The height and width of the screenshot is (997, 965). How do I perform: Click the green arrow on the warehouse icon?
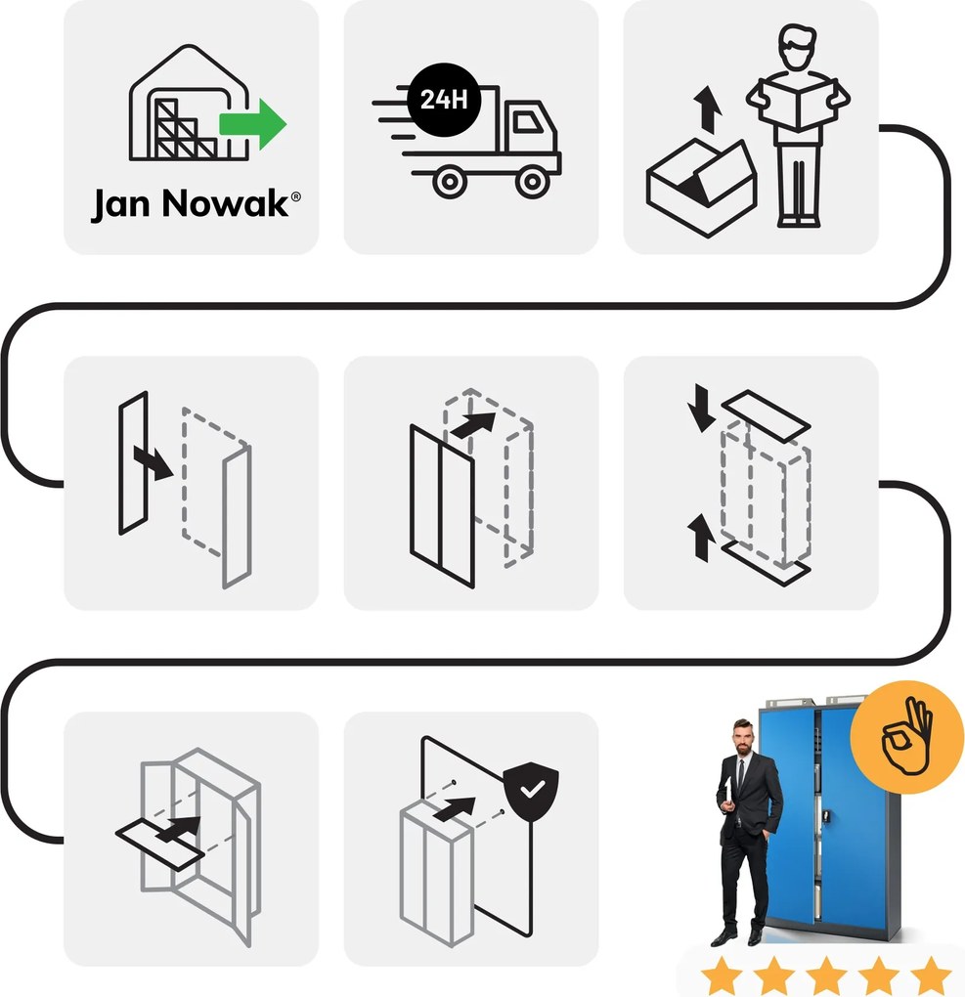[252, 124]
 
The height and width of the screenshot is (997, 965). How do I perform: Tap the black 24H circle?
[443, 99]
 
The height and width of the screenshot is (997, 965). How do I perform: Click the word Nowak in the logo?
[225, 203]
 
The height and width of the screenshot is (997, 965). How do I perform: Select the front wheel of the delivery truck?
[532, 182]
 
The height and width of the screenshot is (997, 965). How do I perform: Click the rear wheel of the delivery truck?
[450, 182]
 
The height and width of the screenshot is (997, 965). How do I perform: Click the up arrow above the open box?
[707, 110]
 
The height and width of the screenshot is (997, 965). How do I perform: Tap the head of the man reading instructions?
[797, 48]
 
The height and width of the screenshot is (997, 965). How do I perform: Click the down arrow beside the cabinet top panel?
[702, 408]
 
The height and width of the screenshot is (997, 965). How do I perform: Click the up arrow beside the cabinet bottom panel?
[702, 538]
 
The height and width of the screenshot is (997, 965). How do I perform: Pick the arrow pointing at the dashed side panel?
[153, 462]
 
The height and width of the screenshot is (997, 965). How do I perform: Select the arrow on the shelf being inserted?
[178, 831]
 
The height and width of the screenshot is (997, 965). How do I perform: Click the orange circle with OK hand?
[906, 737]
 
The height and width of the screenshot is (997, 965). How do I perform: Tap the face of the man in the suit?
[741, 738]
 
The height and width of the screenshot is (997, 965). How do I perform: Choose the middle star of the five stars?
[826, 975]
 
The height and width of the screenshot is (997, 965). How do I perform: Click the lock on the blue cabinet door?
[826, 815]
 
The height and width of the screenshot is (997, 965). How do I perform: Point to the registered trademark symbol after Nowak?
[296, 196]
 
